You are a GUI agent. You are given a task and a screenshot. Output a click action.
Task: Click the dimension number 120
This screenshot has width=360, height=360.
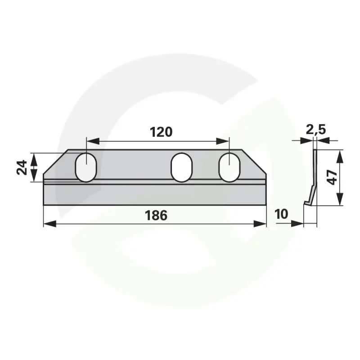[x=161, y=132]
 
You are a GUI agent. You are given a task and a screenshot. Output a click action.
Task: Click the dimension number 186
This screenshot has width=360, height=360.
[x=156, y=216]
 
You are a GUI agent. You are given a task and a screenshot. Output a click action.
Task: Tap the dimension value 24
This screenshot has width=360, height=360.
[x=22, y=167]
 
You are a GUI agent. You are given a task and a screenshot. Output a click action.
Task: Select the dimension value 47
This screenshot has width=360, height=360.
[x=332, y=177]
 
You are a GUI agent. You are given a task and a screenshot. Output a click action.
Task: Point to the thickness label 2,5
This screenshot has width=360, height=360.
[x=316, y=130]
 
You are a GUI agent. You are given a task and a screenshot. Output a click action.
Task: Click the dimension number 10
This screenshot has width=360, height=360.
[x=281, y=214]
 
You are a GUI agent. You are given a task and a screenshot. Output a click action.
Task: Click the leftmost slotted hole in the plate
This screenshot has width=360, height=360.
[x=86, y=167]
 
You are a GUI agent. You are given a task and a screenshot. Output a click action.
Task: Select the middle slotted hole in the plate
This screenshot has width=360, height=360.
[x=182, y=167]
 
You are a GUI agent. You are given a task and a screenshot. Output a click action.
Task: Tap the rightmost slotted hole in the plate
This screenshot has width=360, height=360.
[x=229, y=167]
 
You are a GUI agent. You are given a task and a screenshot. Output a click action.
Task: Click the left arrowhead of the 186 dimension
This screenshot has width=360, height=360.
[x=49, y=224]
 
